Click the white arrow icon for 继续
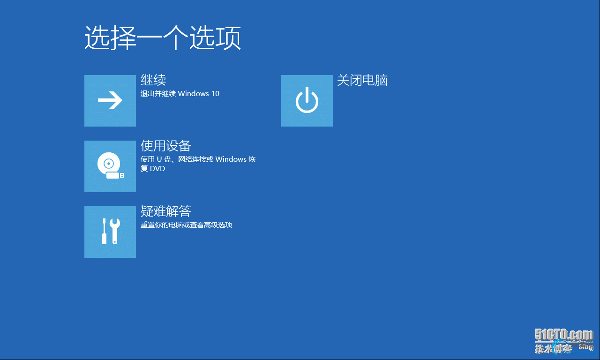(x=110, y=100)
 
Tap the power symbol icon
(x=307, y=100)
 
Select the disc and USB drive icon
(x=110, y=165)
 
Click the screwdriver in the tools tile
(x=105, y=231)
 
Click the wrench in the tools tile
(x=115, y=231)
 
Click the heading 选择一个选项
(x=163, y=38)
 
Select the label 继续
(x=153, y=80)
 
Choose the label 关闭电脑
(x=362, y=80)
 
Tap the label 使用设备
(x=166, y=146)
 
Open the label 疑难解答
(x=166, y=211)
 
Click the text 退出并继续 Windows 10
(x=180, y=93)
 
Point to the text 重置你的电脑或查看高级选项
(x=187, y=225)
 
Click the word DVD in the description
(x=157, y=168)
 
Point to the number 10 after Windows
(x=215, y=93)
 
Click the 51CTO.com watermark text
(x=564, y=335)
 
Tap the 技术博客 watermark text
(x=554, y=349)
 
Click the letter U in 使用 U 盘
(x=159, y=159)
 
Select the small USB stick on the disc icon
(x=115, y=175)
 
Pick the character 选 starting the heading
(x=97, y=38)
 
